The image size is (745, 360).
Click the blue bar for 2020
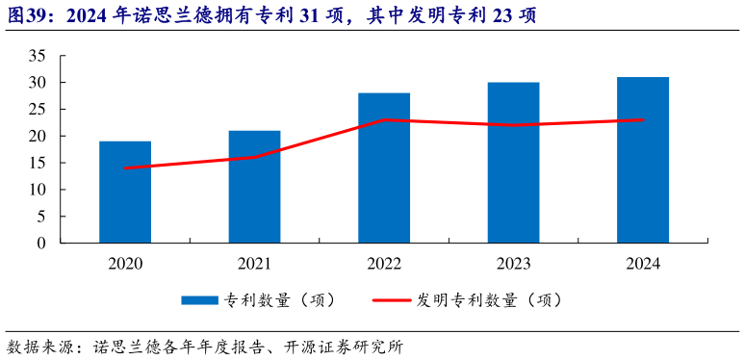pos(125,193)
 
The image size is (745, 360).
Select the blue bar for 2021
pos(254,187)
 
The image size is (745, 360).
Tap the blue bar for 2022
pos(384,168)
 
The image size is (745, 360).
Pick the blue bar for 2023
pos(513,163)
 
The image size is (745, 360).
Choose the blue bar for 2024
pos(643,160)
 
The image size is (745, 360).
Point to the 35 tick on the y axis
pos(38,56)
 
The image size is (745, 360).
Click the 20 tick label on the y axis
pos(38,136)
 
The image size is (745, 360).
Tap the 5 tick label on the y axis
pos(42,217)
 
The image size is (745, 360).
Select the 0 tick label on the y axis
pos(42,244)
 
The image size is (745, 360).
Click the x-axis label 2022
pos(384,263)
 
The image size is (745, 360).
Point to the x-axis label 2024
pos(643,263)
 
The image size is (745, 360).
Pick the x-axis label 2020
pos(125,263)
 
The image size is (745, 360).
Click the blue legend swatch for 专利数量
pos(199,300)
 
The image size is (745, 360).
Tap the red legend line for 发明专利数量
pos(392,300)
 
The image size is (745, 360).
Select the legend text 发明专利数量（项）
pos(489,300)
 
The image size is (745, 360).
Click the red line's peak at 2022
pos(384,120)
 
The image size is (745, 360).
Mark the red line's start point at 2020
pos(125,168)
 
